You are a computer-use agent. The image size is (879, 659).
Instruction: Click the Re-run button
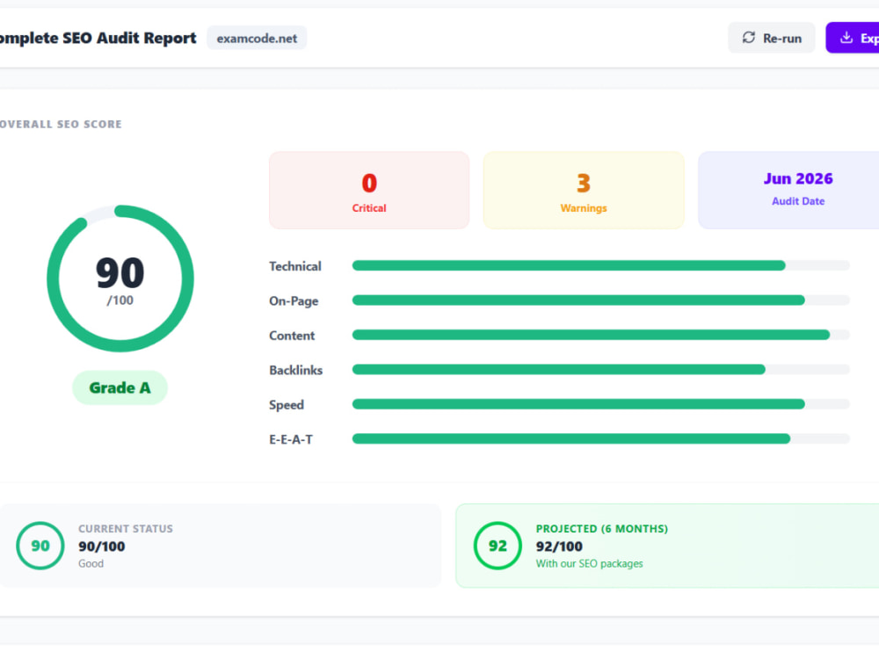tap(772, 38)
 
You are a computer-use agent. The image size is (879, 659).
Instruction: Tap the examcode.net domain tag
tap(257, 38)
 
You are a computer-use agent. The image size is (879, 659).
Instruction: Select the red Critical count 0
tap(369, 183)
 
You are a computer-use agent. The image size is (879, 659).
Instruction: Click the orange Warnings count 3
tap(584, 183)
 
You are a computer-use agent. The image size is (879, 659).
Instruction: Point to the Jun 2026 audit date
tap(798, 178)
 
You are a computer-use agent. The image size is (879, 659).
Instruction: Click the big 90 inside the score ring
tap(120, 272)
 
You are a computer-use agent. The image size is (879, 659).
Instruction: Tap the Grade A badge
tap(120, 387)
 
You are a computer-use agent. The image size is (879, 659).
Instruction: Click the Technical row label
tap(294, 266)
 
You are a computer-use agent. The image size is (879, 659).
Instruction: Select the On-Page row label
tap(294, 301)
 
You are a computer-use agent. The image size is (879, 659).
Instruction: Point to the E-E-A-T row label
tap(291, 439)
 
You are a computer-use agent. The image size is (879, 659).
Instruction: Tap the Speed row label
tap(287, 404)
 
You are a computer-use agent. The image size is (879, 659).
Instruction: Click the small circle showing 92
tap(498, 546)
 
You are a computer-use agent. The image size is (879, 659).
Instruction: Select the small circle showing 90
tap(40, 546)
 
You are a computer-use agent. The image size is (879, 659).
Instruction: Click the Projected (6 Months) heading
tap(601, 528)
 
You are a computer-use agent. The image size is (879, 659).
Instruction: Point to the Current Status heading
tap(126, 528)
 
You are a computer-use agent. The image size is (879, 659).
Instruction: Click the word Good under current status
tap(91, 563)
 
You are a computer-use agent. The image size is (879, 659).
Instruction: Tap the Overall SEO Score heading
tap(61, 124)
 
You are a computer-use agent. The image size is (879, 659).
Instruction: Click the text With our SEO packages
tap(589, 563)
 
